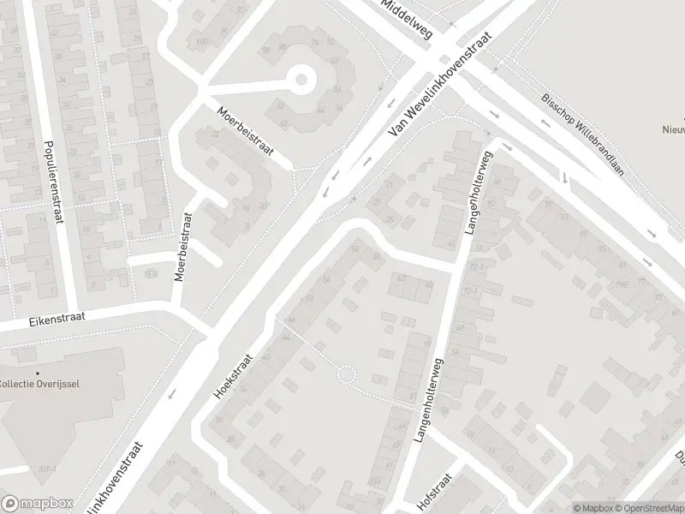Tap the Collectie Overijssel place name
(40, 383)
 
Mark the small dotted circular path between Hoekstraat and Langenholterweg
(346, 374)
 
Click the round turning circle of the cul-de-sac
(301, 81)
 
